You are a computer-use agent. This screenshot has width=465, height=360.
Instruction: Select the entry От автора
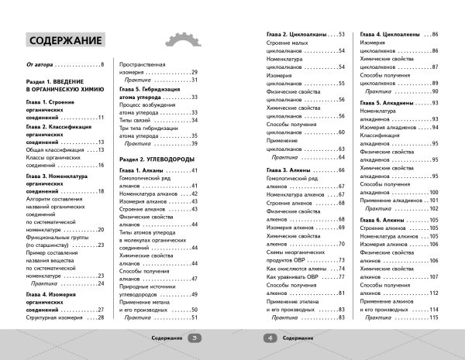[x=44, y=65]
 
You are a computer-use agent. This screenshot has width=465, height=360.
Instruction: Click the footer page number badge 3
[x=195, y=338]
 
